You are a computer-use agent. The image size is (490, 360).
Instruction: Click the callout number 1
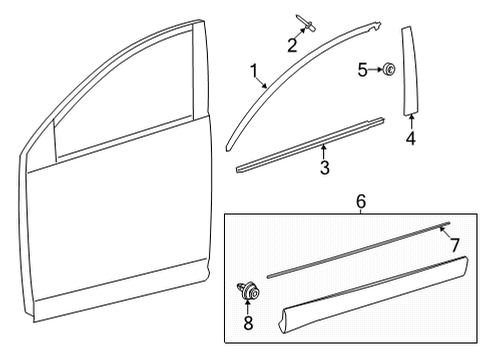255,71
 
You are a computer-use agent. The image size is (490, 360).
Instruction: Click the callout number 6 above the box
360,201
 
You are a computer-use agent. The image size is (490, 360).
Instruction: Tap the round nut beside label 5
388,69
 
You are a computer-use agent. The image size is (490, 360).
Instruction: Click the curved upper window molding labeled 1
300,50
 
